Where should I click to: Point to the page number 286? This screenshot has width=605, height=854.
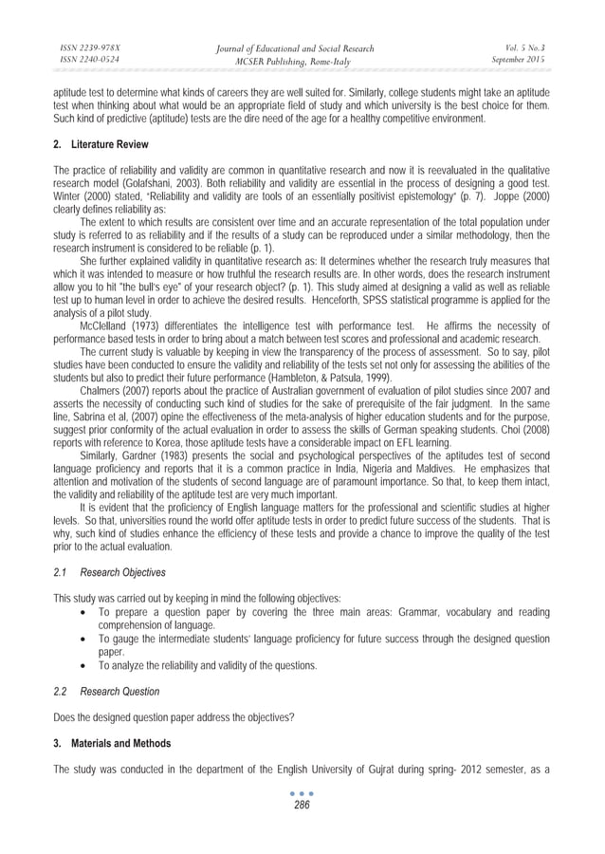pos(302,805)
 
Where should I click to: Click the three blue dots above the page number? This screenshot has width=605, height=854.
pos(302,792)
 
